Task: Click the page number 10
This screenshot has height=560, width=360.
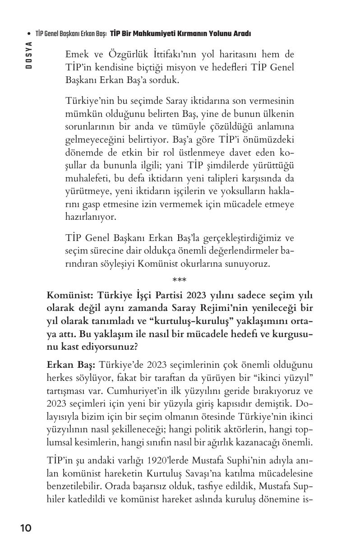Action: coord(26,528)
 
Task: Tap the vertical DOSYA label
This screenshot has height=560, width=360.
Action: coord(29,55)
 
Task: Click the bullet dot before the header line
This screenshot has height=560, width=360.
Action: coord(29,34)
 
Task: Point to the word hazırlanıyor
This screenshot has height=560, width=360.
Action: coord(91,217)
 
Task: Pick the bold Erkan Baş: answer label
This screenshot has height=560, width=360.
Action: coord(70,364)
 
